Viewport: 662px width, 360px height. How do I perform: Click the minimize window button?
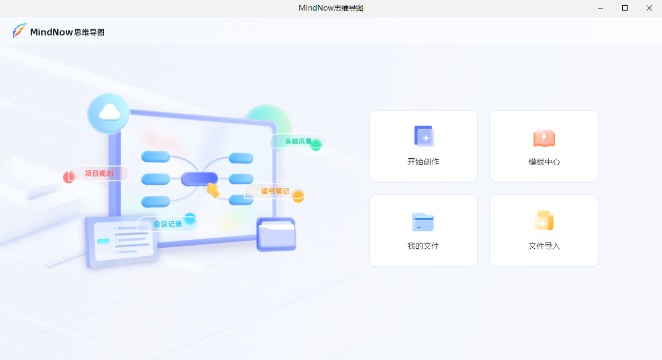click(601, 8)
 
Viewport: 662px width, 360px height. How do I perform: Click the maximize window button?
click(625, 8)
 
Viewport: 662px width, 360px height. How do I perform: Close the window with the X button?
click(649, 8)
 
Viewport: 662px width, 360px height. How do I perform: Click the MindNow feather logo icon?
click(20, 31)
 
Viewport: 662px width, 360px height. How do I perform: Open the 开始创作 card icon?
click(424, 136)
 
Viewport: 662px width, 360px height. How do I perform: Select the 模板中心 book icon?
click(544, 138)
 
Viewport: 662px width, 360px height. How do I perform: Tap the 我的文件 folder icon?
click(423, 222)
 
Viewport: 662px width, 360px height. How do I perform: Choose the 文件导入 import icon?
click(544, 221)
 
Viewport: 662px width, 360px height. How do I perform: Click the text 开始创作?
click(423, 162)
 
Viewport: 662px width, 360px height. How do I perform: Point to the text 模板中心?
click(544, 162)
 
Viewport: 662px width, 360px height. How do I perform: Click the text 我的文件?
click(423, 246)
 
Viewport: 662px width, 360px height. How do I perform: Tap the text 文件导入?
click(544, 246)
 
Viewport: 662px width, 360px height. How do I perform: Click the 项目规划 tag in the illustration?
click(99, 173)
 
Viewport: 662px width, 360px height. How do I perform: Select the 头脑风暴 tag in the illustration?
click(298, 141)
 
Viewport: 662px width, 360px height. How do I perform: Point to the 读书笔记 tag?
click(275, 191)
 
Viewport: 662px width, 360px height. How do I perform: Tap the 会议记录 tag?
click(167, 224)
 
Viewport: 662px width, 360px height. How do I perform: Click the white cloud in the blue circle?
click(109, 112)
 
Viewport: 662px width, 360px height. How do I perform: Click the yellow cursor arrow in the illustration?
click(213, 190)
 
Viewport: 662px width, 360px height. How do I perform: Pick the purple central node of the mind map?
click(199, 179)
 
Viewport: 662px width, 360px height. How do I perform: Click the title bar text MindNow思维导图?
click(331, 8)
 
